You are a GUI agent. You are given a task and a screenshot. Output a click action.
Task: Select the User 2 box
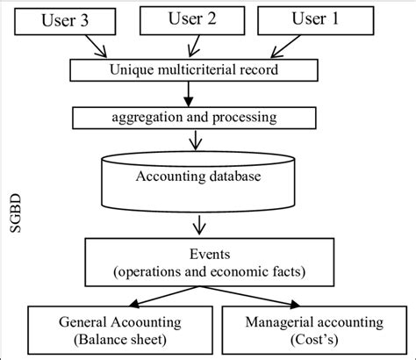[x=193, y=20]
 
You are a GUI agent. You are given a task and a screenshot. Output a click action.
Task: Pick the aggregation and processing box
[x=195, y=116]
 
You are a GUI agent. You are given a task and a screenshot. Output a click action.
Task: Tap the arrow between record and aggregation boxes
[x=204, y=93]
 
